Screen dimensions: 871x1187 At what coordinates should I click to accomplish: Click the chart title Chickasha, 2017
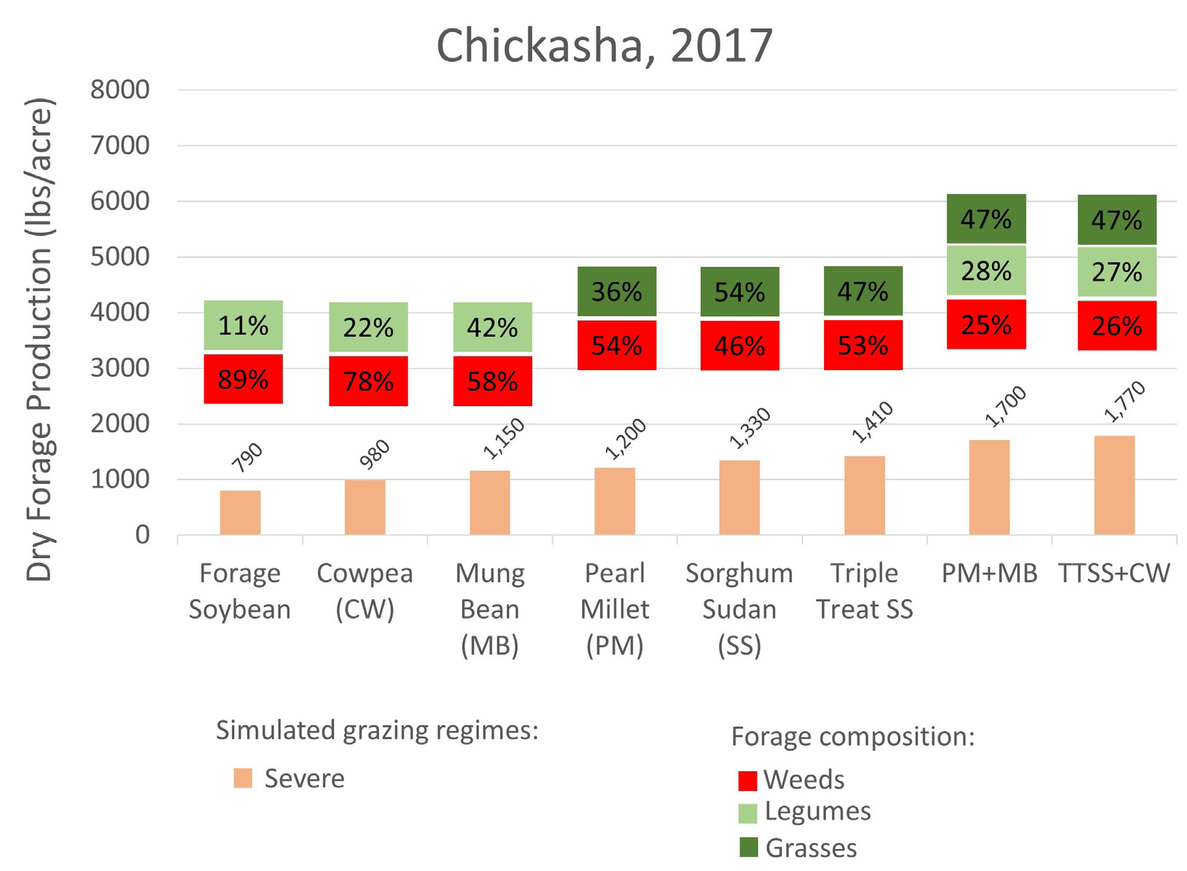click(x=604, y=46)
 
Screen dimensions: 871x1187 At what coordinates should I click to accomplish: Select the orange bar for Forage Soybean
click(x=240, y=512)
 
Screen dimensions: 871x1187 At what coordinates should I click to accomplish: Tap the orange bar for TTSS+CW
click(x=1114, y=485)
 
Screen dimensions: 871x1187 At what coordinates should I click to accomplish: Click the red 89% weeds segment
click(x=243, y=379)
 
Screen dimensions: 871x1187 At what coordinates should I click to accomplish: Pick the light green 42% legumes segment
click(x=492, y=327)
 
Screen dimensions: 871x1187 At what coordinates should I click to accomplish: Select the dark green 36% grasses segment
click(x=617, y=292)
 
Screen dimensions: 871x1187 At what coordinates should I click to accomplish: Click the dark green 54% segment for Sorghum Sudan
click(x=739, y=292)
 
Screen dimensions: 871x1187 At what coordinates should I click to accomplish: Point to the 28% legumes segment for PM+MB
click(x=986, y=271)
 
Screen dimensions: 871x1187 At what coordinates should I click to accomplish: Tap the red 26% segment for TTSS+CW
click(x=1117, y=326)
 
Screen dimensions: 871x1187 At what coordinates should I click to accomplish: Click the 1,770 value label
click(x=1124, y=402)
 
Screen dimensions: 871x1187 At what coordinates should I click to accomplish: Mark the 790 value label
click(x=247, y=458)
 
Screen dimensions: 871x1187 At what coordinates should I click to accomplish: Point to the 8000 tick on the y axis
click(x=120, y=90)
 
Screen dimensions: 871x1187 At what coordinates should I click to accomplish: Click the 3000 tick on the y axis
click(x=120, y=368)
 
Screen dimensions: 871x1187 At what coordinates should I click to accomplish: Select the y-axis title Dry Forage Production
click(x=40, y=339)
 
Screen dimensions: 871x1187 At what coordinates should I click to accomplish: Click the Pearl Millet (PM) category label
click(x=615, y=609)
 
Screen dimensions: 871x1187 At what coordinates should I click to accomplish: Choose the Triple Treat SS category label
click(x=864, y=591)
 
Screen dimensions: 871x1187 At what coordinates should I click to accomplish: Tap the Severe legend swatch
click(x=243, y=778)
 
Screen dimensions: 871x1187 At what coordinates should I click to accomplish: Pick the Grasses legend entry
click(x=798, y=848)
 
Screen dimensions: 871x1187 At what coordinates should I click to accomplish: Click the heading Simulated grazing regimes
click(x=377, y=730)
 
